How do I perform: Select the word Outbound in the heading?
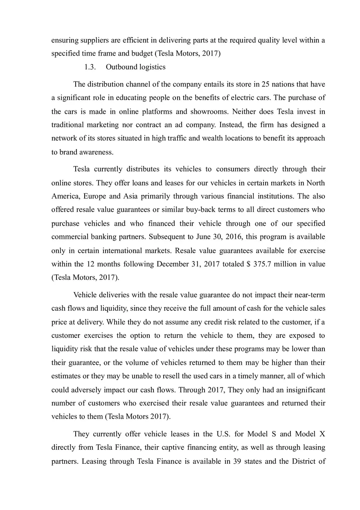point(120,67)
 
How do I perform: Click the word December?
point(174,264)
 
